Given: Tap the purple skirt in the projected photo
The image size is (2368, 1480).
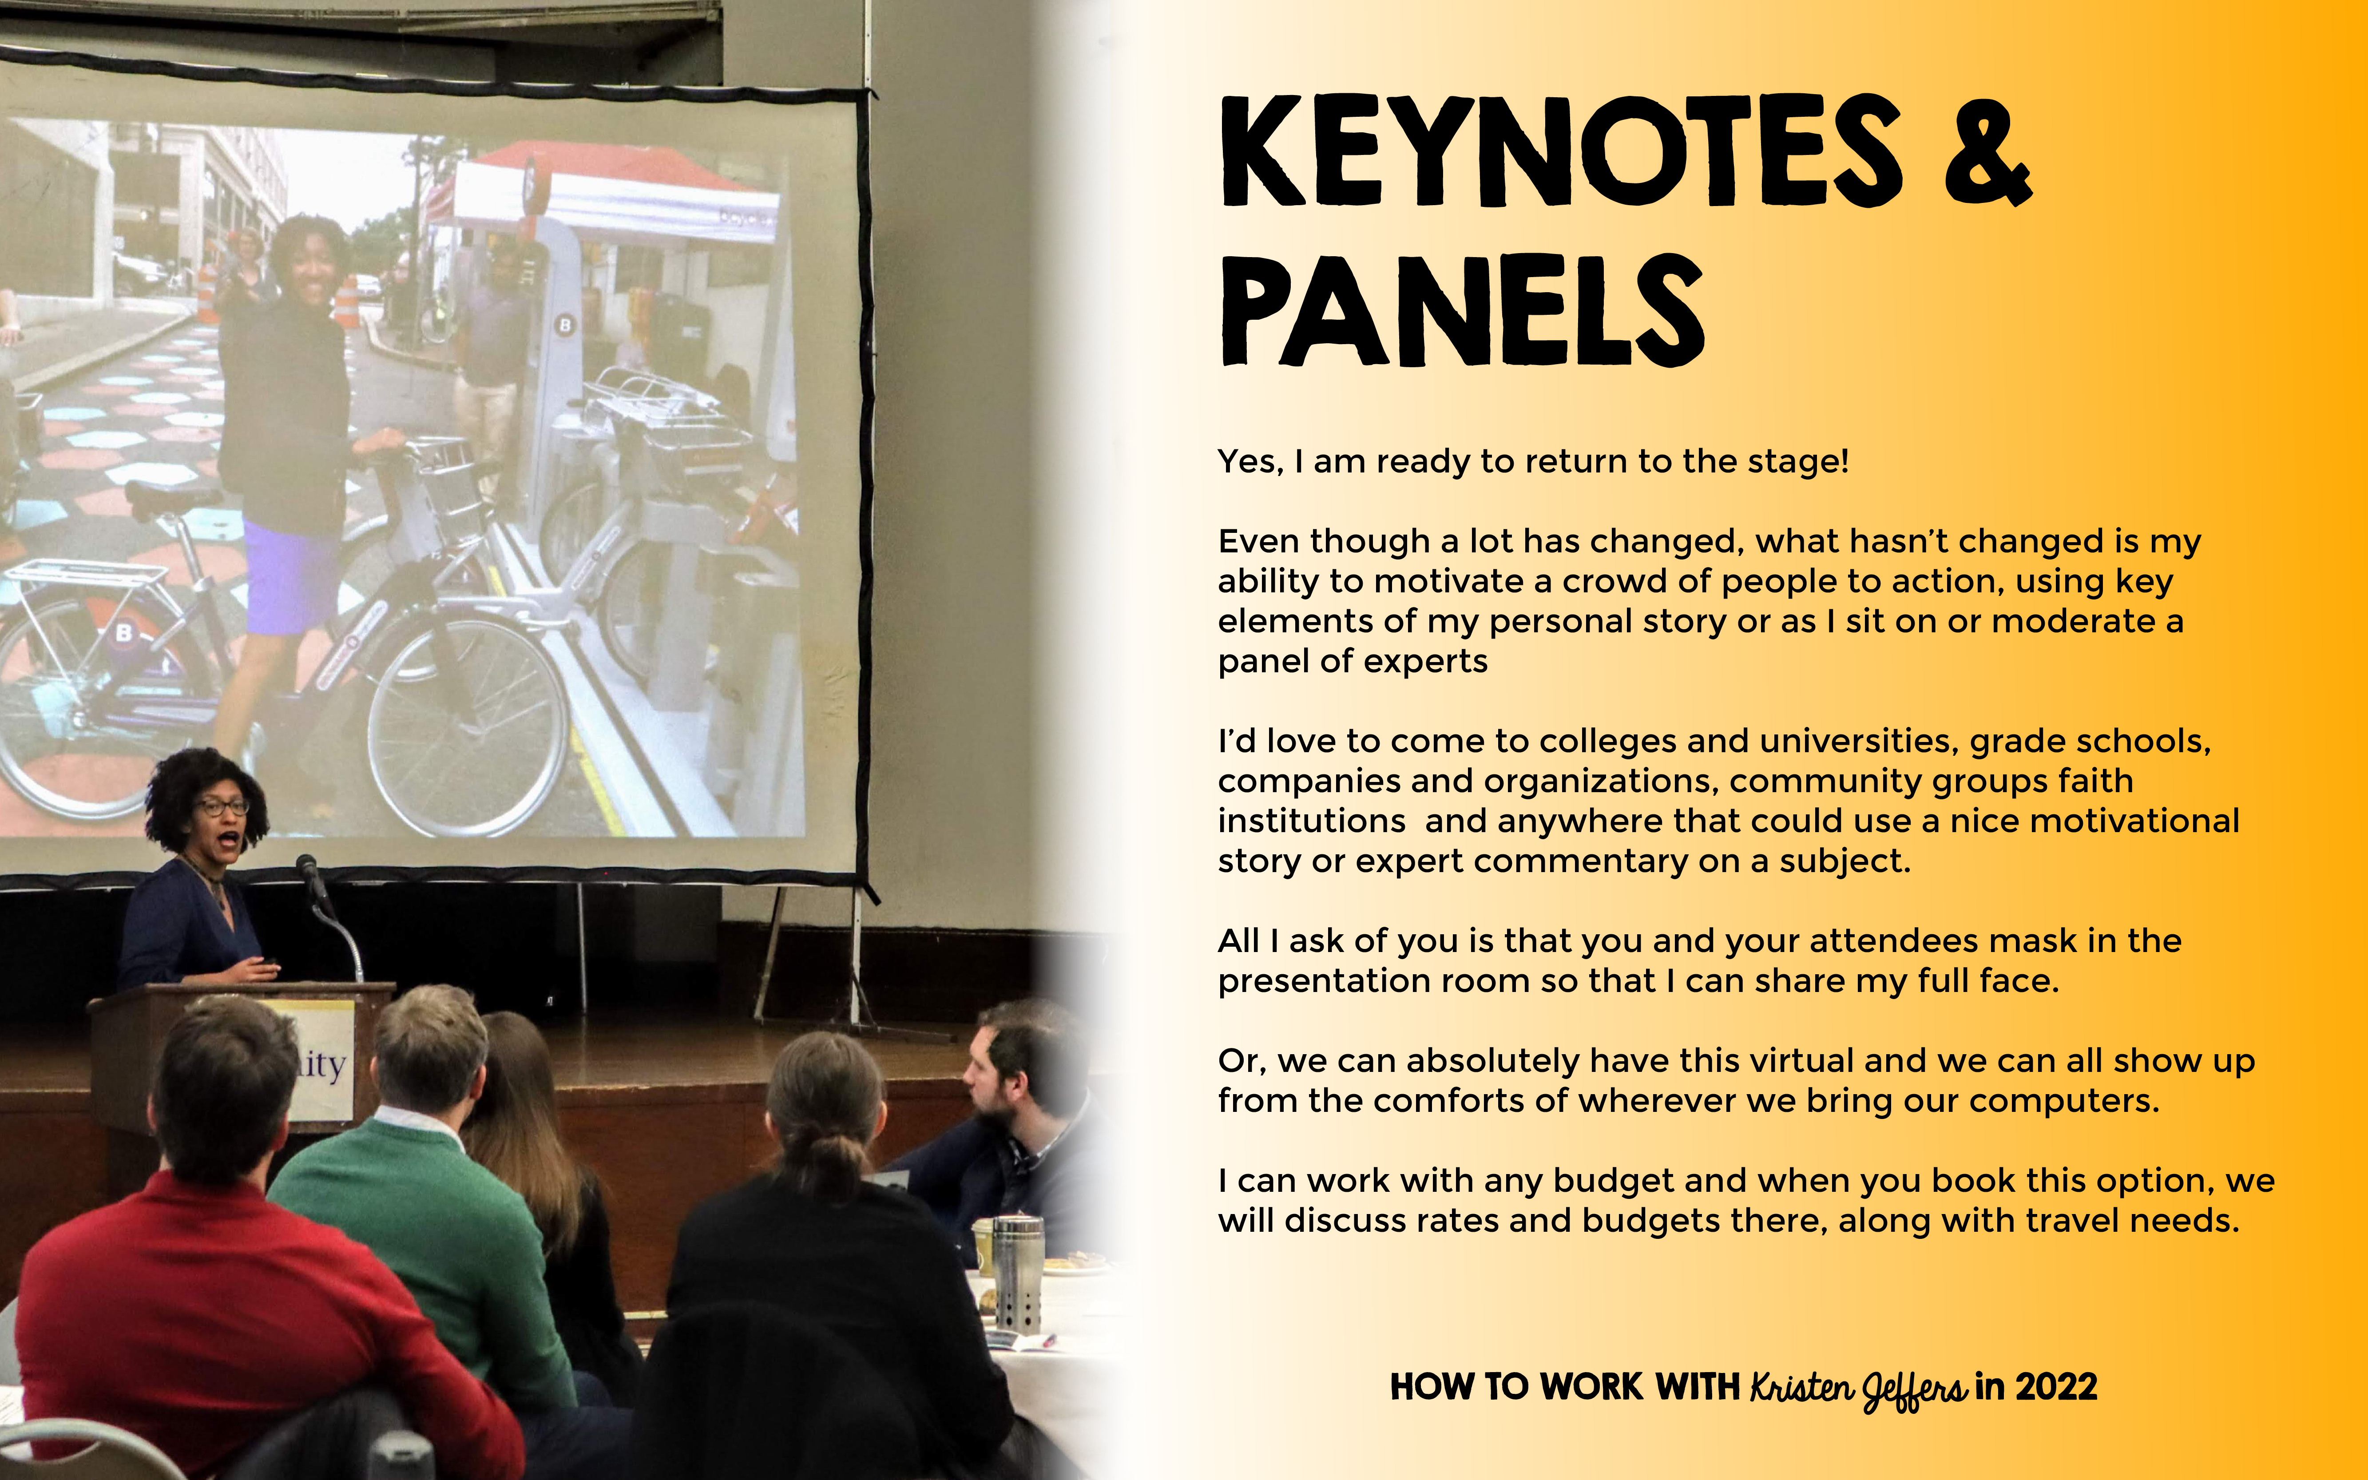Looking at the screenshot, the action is [x=292, y=576].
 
